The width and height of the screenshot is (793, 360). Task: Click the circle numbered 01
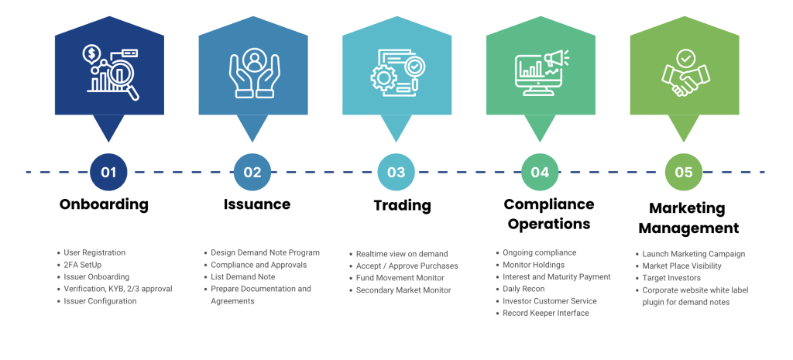coord(108,172)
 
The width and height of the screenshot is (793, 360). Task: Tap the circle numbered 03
coord(396,172)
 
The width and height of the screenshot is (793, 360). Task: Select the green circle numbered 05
coord(683,172)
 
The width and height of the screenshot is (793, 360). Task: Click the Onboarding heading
coord(104,205)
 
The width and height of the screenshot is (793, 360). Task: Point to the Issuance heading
coord(257,204)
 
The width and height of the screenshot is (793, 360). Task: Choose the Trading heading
coord(402,205)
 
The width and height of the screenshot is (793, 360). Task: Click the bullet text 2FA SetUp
coord(83,265)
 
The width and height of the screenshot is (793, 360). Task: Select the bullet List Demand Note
coord(242,276)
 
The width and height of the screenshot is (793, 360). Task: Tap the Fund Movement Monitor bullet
coord(400,278)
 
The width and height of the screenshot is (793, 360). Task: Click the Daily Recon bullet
coord(524,289)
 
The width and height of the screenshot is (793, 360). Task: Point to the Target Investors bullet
coord(671,277)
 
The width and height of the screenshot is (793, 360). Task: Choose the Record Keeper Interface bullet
coord(545,313)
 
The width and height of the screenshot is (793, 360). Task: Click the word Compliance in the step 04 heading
coord(549,204)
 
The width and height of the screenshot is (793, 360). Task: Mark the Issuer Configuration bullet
coord(100,301)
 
